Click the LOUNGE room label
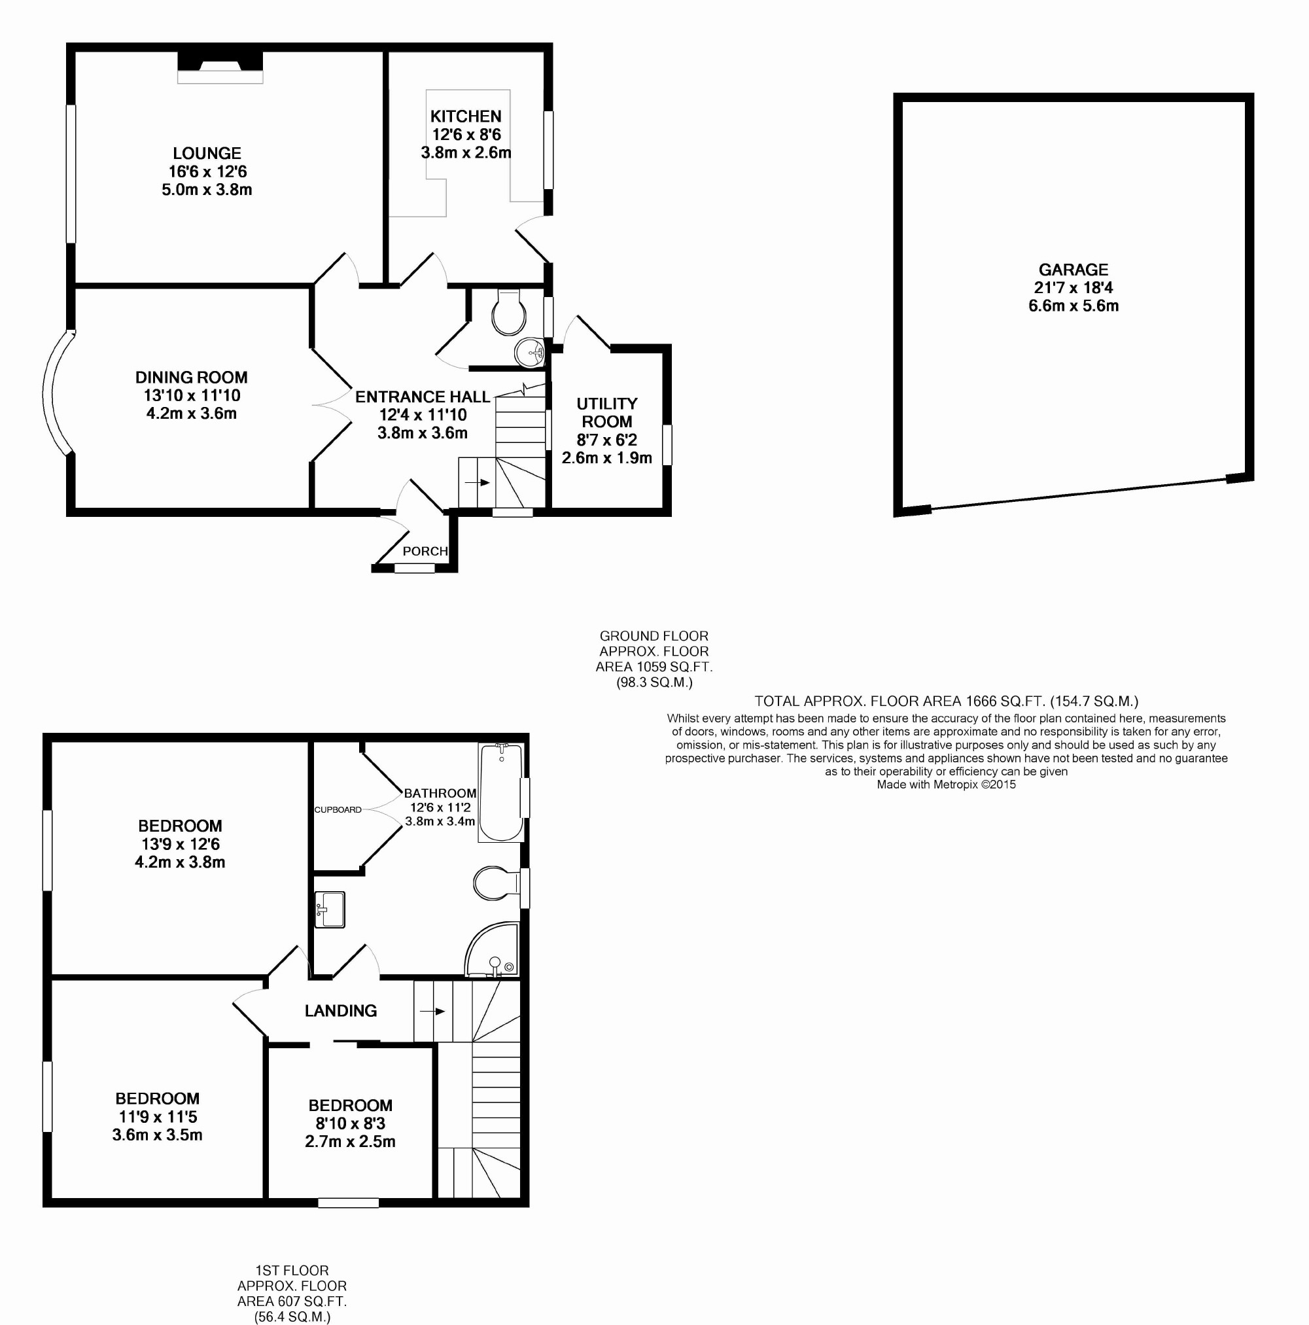pyautogui.click(x=207, y=153)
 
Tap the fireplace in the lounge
pyautogui.click(x=220, y=67)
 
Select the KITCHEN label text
pyautogui.click(x=466, y=116)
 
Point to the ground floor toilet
pyautogui.click(x=509, y=311)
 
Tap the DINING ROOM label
pyautogui.click(x=191, y=377)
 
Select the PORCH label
pyautogui.click(x=425, y=551)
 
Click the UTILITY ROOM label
pyautogui.click(x=607, y=412)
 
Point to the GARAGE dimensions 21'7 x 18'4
pyautogui.click(x=1073, y=287)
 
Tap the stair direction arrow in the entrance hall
pyautogui.click(x=478, y=482)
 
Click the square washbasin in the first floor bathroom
pyautogui.click(x=329, y=910)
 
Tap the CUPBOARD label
pyautogui.click(x=338, y=809)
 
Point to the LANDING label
pyautogui.click(x=341, y=1010)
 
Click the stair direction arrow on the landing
pyautogui.click(x=432, y=1011)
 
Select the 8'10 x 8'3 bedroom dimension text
pyautogui.click(x=351, y=1123)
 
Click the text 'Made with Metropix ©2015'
pyautogui.click(x=947, y=785)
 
